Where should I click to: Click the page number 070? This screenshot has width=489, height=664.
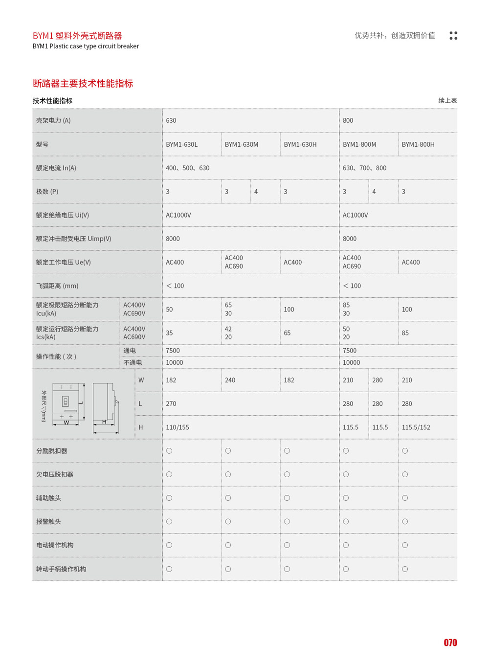[x=450, y=642]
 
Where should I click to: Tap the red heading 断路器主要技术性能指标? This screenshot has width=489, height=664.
[x=83, y=84]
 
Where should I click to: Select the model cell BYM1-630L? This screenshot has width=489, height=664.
[x=182, y=144]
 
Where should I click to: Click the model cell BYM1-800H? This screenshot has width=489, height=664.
[x=418, y=144]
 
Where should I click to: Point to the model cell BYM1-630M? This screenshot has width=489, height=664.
[x=242, y=144]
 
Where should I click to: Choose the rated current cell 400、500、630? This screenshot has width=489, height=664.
[x=188, y=168]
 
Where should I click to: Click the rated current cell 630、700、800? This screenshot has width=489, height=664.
[x=365, y=168]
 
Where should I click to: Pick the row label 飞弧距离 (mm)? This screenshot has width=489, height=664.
[x=57, y=286]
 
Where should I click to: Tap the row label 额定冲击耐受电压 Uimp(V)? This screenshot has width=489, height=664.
[x=73, y=239]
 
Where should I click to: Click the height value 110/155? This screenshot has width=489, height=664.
[x=178, y=427]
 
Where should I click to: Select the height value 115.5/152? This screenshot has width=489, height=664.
[x=416, y=427]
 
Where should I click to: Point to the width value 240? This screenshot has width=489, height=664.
[x=230, y=380]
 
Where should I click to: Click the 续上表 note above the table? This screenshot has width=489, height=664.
[x=447, y=100]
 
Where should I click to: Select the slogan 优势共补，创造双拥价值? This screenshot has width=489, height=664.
[x=395, y=35]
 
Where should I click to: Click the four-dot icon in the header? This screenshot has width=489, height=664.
[x=453, y=36]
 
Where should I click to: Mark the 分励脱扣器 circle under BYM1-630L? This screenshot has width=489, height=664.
[x=169, y=451]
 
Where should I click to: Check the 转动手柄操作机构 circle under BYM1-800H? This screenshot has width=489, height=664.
[x=405, y=569]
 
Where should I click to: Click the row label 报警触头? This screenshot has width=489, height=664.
[x=48, y=522]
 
